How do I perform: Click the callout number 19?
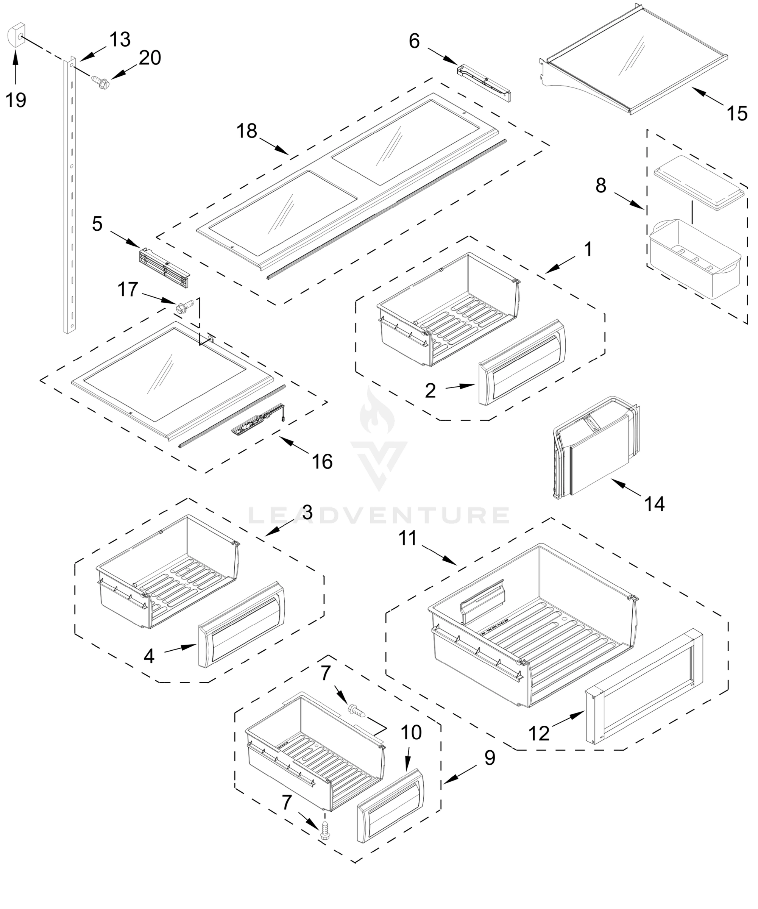(x=16, y=100)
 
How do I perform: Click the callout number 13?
(x=120, y=40)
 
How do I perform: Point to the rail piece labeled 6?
(x=484, y=82)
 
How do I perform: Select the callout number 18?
(x=246, y=131)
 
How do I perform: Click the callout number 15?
(x=737, y=113)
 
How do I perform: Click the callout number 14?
(x=654, y=504)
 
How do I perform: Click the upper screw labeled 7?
(x=357, y=710)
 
